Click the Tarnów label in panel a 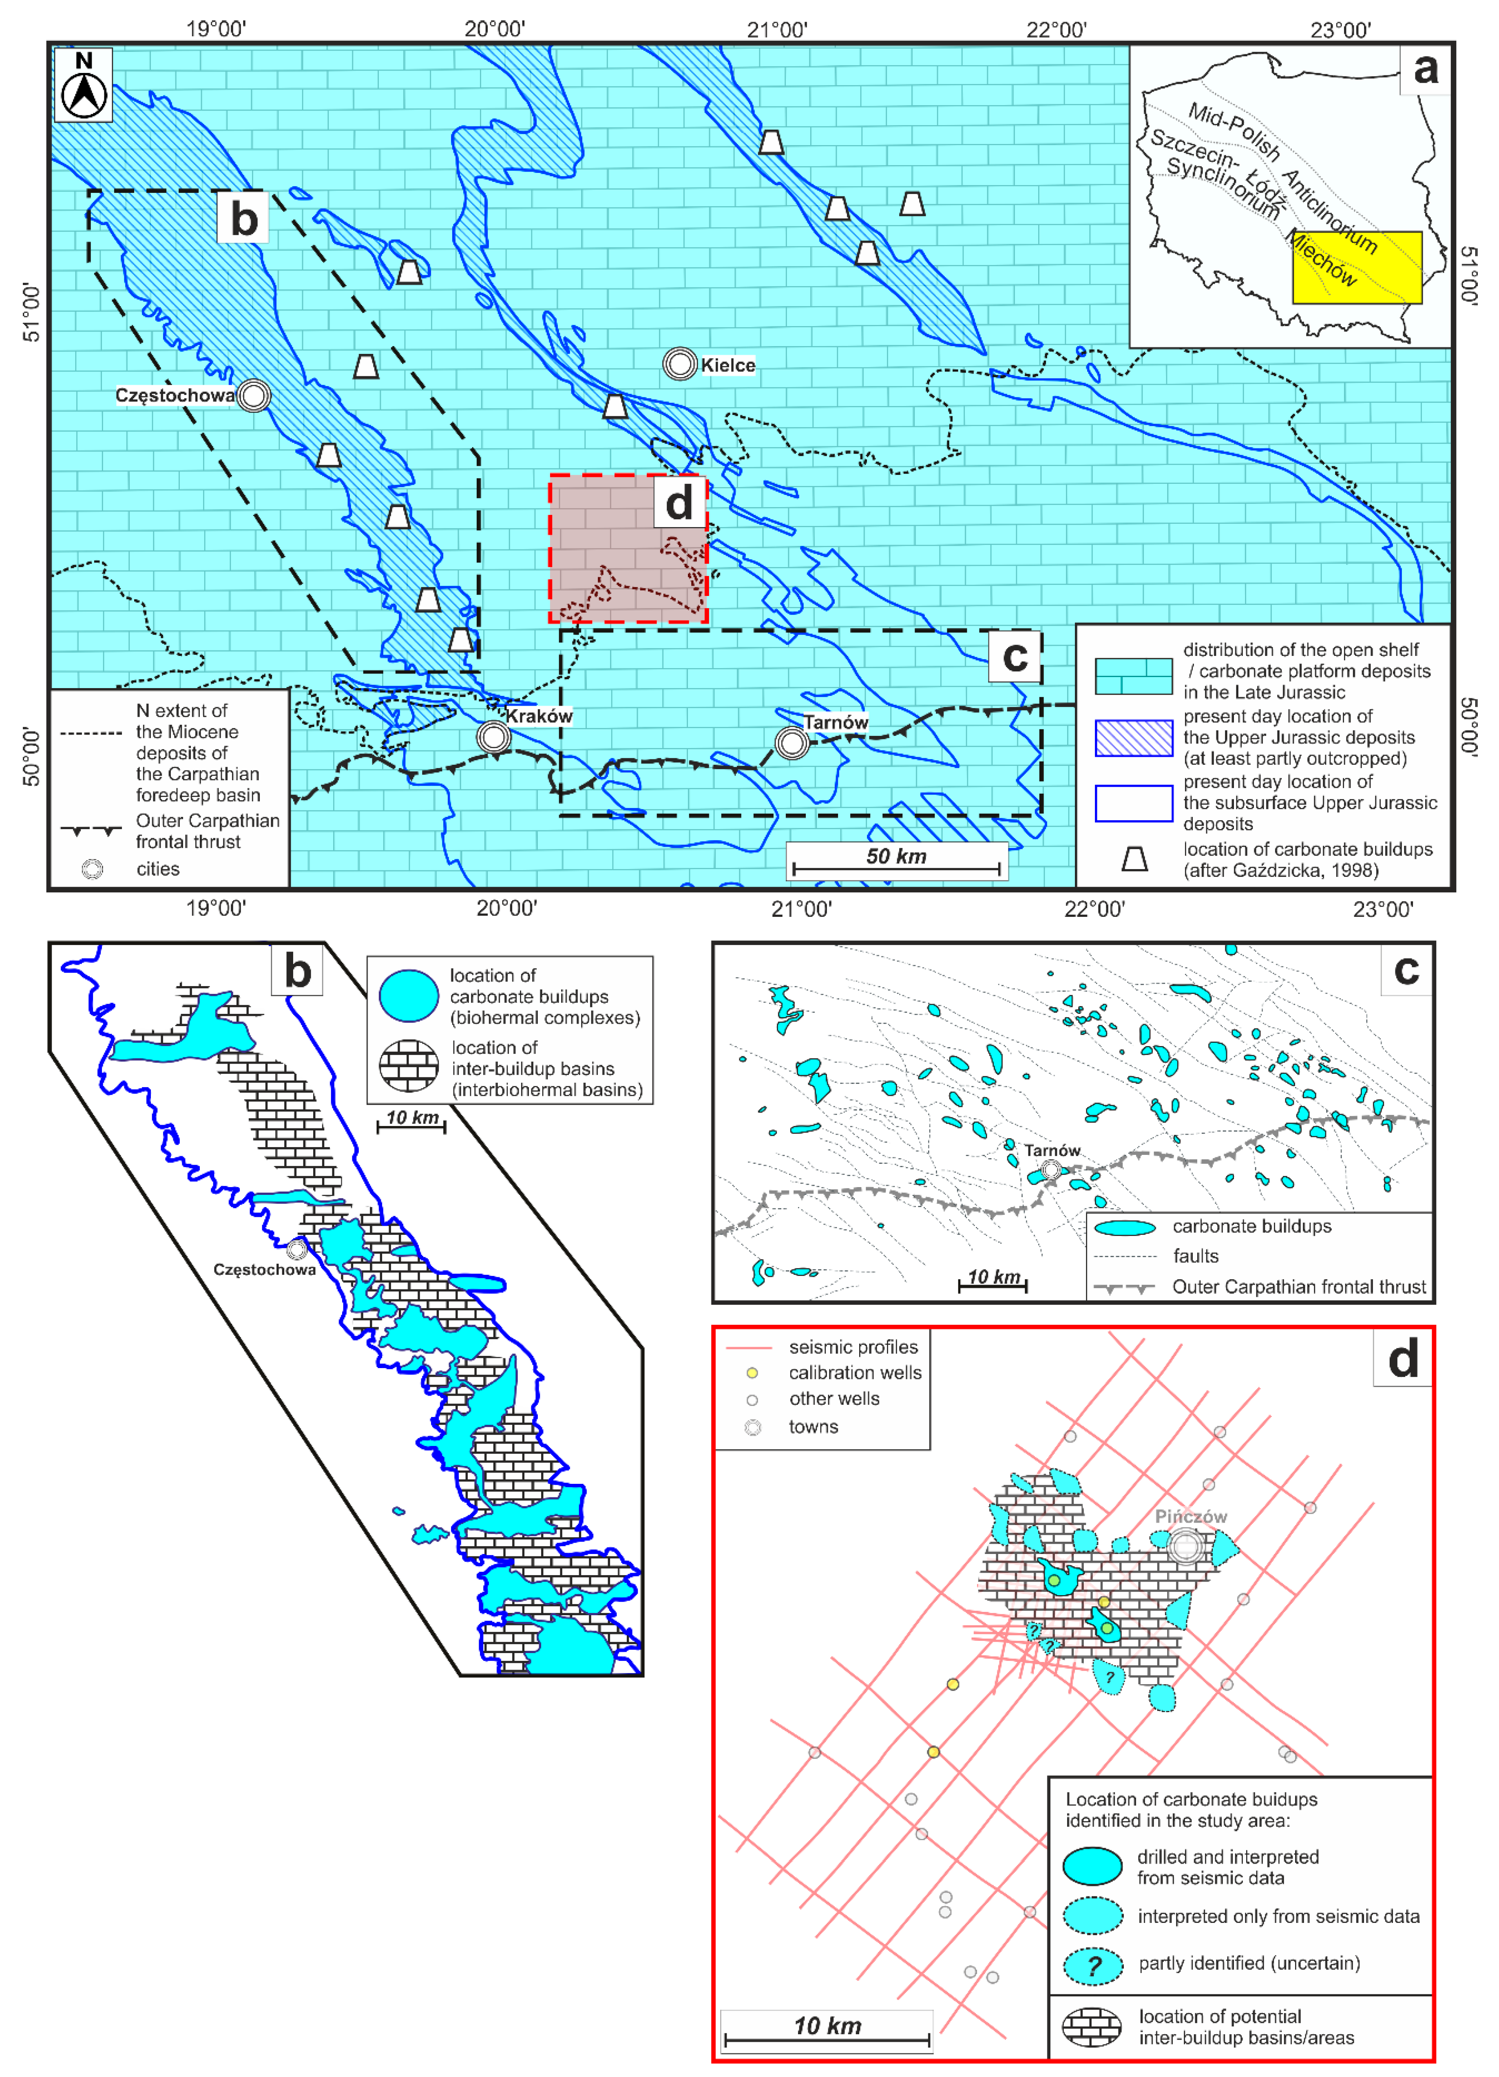(836, 722)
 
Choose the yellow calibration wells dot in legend (752, 1373)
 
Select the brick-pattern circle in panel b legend (409, 1066)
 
